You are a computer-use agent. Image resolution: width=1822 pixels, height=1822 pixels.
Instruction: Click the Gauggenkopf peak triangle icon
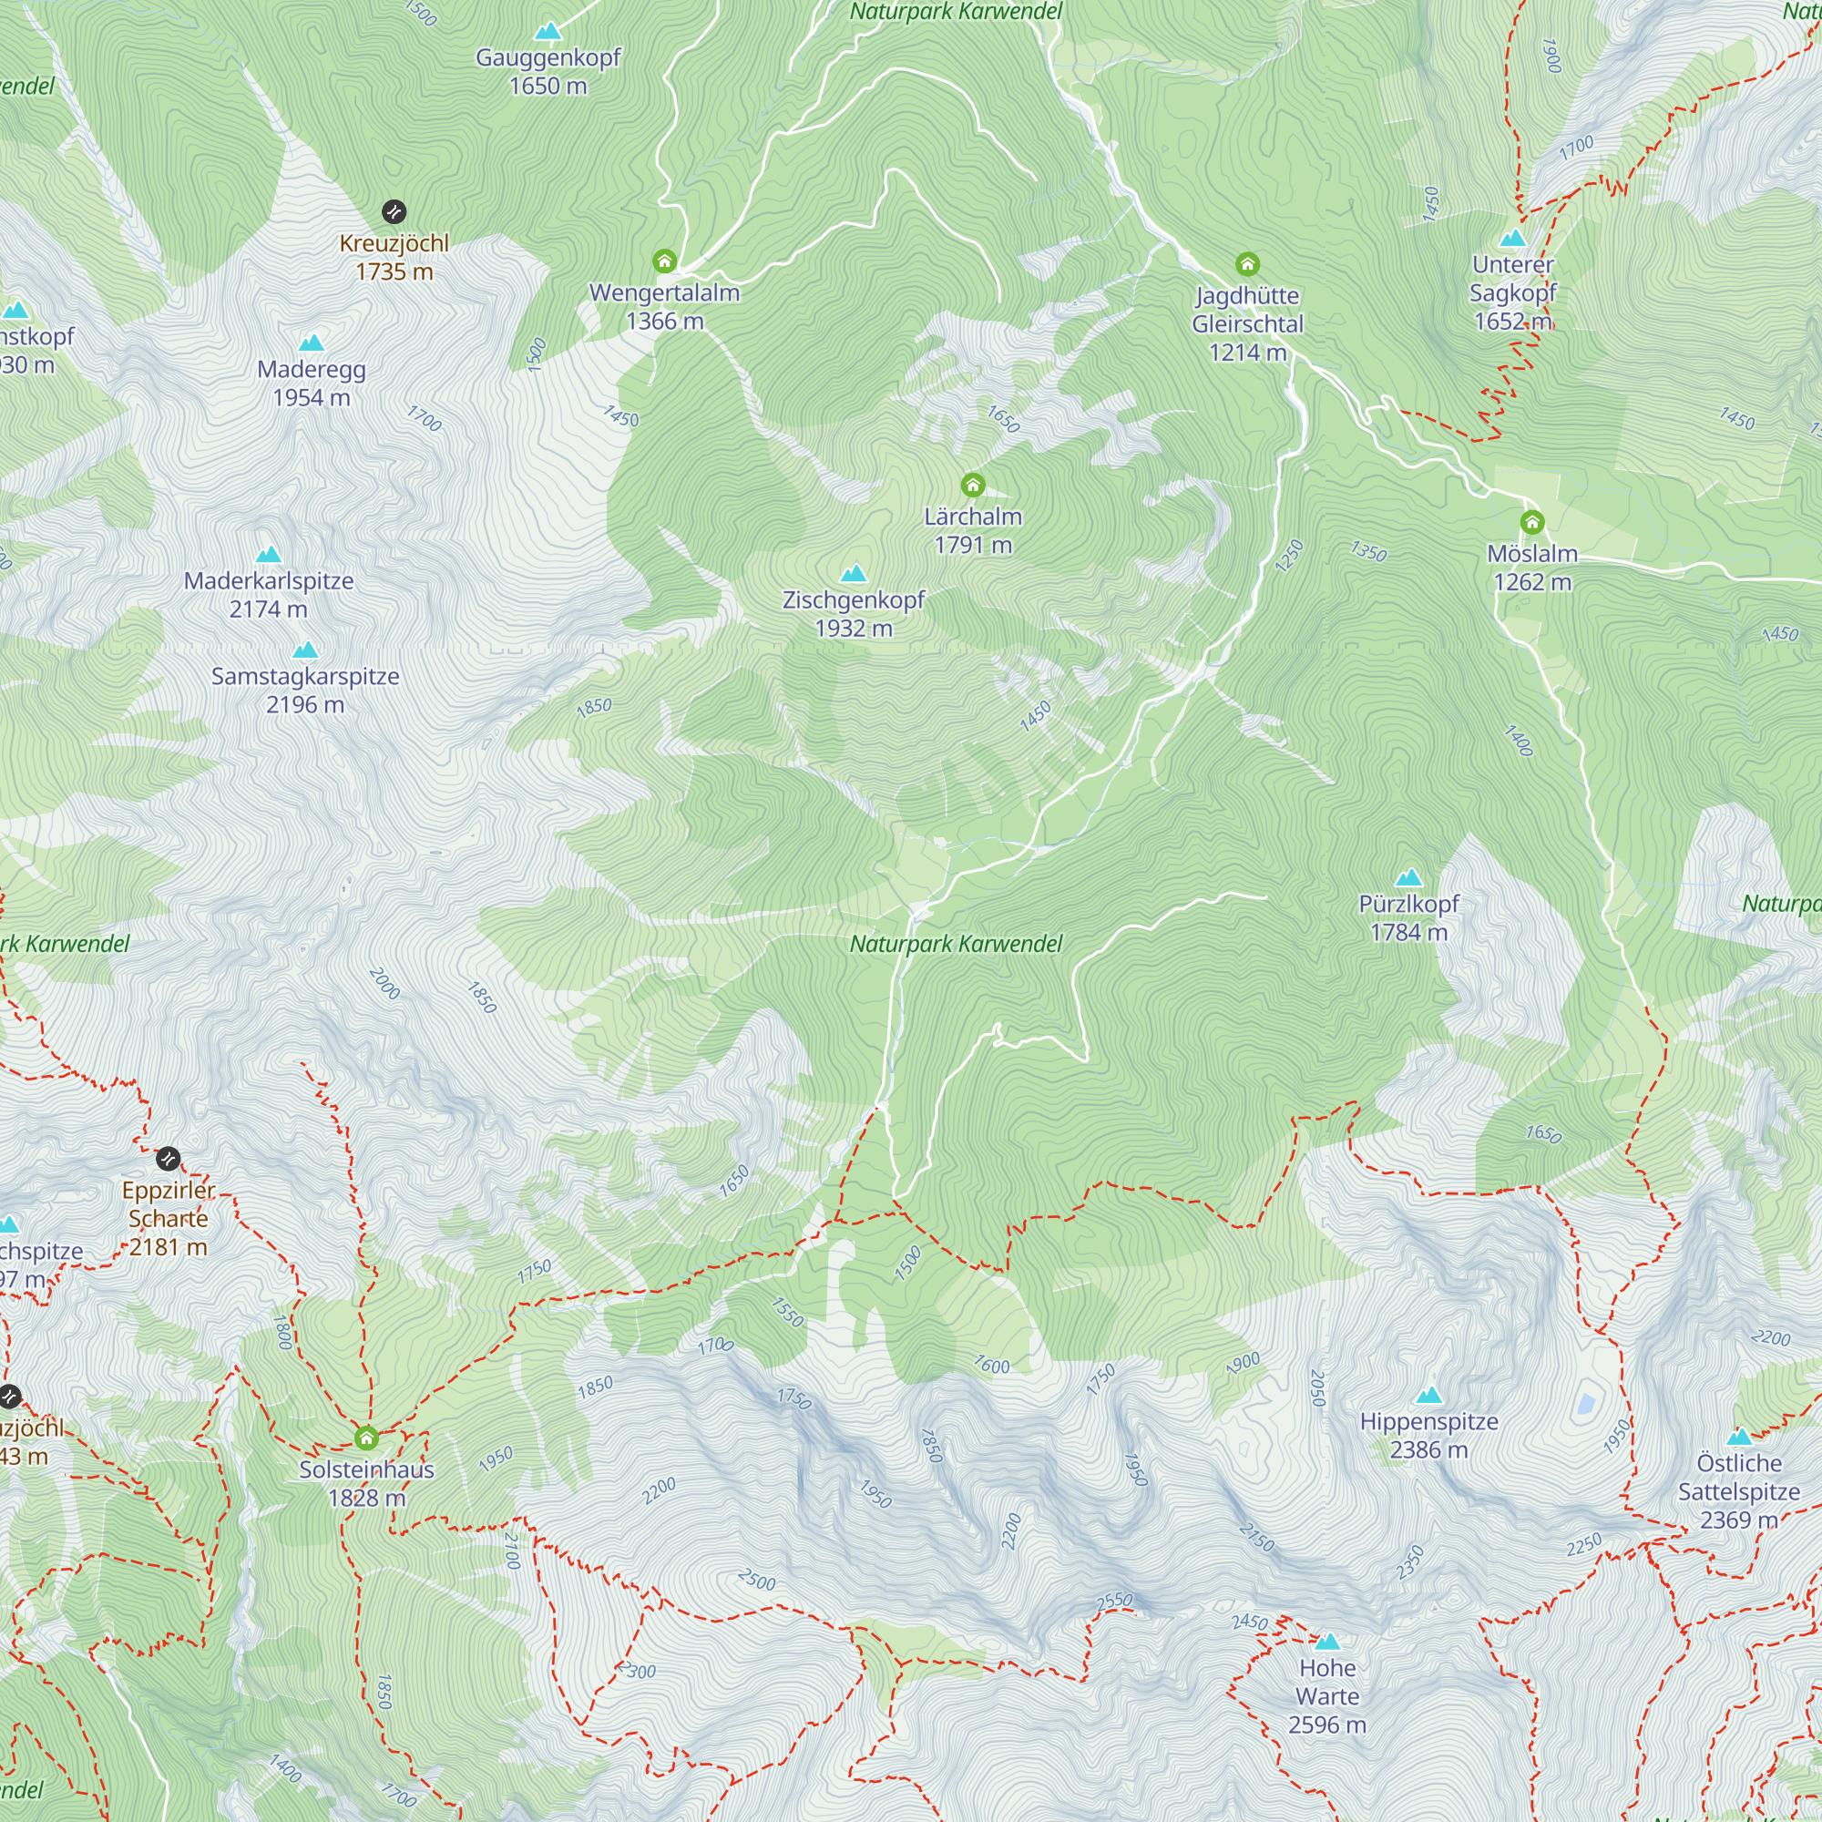point(548,32)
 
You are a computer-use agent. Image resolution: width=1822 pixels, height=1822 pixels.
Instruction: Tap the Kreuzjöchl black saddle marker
point(394,211)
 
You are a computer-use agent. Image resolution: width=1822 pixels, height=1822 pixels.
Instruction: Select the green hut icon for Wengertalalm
point(664,261)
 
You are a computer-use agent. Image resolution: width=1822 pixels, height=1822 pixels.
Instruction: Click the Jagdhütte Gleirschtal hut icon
point(1247,264)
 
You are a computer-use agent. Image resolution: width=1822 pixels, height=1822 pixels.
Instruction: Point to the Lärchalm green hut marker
point(972,486)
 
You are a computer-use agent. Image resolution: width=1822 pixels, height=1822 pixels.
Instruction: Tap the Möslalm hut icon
point(1531,522)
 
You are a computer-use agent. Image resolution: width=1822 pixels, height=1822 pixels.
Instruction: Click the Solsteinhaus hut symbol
point(366,1438)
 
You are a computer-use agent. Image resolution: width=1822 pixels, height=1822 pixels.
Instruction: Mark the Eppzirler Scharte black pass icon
point(168,1158)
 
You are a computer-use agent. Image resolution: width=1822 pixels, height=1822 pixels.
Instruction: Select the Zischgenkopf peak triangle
point(853,573)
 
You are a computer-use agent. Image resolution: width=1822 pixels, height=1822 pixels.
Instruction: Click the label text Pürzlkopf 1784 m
point(1408,917)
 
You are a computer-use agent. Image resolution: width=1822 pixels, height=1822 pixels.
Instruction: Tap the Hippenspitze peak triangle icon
point(1428,1395)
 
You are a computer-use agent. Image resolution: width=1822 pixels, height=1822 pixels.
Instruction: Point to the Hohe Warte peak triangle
point(1327,1641)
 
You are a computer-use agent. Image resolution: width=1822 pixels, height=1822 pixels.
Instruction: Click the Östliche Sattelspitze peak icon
point(1739,1438)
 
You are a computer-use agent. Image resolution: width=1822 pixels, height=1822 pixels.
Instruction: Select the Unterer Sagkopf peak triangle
point(1511,238)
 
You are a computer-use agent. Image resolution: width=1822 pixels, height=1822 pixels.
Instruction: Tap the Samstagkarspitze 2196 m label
point(304,691)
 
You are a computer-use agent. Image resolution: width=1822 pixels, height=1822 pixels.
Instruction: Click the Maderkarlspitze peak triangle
point(269,555)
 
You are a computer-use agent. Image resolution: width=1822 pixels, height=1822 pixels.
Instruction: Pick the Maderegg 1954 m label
point(312,383)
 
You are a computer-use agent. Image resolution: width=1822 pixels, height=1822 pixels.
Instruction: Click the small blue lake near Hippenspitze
point(1586,1404)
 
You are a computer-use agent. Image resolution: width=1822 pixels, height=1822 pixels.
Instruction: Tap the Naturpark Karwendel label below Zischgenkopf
point(956,944)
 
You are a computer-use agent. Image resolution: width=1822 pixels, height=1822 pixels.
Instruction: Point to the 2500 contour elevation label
point(756,1580)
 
